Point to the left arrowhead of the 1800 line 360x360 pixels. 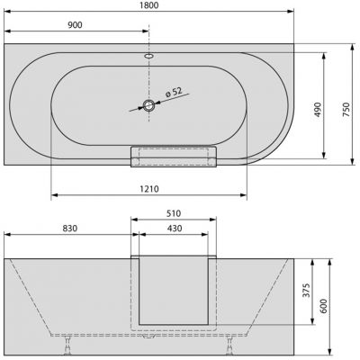click(8, 13)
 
